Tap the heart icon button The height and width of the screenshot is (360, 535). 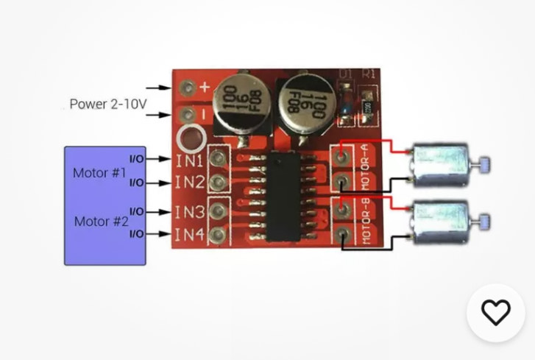(x=495, y=313)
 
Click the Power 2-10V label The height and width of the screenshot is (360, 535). (x=107, y=104)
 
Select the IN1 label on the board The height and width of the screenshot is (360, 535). (x=188, y=159)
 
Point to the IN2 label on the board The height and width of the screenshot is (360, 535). (x=188, y=183)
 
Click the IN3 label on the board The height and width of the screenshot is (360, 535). (x=188, y=212)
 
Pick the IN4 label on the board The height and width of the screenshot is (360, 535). (x=188, y=235)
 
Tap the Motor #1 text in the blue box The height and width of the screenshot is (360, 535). (x=99, y=173)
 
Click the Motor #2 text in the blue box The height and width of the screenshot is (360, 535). (x=101, y=221)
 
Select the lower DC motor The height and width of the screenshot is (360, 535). (x=439, y=222)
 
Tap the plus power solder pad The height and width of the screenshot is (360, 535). (x=190, y=88)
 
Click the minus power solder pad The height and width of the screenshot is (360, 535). (x=190, y=115)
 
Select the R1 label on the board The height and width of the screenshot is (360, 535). (x=369, y=74)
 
